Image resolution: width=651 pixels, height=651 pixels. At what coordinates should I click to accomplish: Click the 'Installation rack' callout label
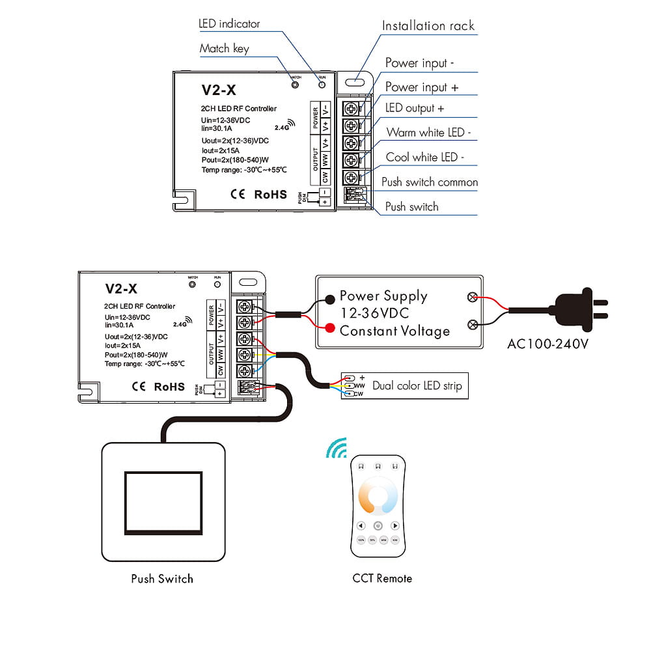[428, 26]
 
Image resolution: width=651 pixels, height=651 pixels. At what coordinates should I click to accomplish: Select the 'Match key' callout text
[224, 48]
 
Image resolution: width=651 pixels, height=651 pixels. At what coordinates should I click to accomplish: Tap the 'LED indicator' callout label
[229, 24]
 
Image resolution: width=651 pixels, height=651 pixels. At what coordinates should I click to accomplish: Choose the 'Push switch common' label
[430, 182]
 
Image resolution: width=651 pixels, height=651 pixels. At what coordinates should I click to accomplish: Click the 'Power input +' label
[422, 87]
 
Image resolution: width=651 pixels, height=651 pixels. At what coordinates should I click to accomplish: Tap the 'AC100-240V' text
[547, 343]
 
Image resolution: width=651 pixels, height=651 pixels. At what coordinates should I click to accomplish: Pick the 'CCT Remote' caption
[382, 578]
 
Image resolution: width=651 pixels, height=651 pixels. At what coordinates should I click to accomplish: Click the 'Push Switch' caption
[162, 578]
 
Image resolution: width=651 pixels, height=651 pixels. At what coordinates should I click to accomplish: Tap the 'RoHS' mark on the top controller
[270, 194]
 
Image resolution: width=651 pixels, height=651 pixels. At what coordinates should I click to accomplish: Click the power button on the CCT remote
[378, 525]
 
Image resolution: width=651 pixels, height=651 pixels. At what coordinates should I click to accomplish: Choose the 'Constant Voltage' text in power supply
[395, 331]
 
